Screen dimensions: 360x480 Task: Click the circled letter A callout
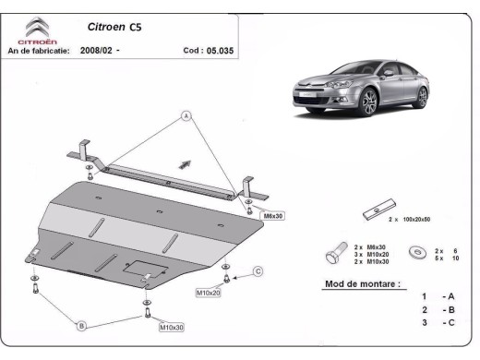pos(186,116)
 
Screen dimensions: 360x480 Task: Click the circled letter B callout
pos(81,326)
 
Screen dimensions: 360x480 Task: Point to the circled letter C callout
pos(258,270)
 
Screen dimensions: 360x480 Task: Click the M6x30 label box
pos(273,216)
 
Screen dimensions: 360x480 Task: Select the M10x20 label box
pos(208,293)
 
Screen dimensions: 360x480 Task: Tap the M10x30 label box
pos(172,327)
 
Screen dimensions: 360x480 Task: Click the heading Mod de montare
pos(363,284)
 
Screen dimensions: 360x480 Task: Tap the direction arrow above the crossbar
pos(184,163)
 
